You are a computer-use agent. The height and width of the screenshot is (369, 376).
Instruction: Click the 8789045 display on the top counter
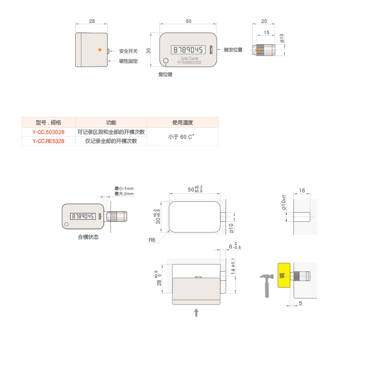click(188, 49)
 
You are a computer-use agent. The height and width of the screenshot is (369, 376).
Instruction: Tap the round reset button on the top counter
click(166, 61)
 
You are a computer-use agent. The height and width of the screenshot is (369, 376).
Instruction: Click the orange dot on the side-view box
click(99, 49)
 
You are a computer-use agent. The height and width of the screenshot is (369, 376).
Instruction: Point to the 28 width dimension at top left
click(92, 21)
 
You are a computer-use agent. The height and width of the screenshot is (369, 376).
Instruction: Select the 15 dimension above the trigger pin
click(266, 32)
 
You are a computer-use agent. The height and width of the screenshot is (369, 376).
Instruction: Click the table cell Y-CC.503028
click(48, 132)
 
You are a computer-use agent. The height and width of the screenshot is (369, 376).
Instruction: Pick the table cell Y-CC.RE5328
click(48, 141)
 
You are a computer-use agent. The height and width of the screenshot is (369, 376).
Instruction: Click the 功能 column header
click(111, 123)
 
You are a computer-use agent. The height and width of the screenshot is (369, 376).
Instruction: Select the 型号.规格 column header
click(48, 123)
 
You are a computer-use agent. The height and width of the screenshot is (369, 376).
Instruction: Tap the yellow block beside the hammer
click(283, 275)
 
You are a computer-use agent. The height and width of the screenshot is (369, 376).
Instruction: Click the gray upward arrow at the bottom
click(196, 312)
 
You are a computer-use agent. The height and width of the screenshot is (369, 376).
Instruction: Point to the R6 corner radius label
click(152, 240)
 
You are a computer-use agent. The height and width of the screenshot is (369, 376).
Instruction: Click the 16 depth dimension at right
click(302, 190)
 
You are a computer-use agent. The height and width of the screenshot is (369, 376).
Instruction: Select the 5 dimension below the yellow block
click(301, 302)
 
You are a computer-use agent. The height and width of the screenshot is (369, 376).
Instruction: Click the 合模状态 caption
click(88, 237)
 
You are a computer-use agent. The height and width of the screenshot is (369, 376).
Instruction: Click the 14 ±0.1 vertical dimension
click(233, 269)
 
